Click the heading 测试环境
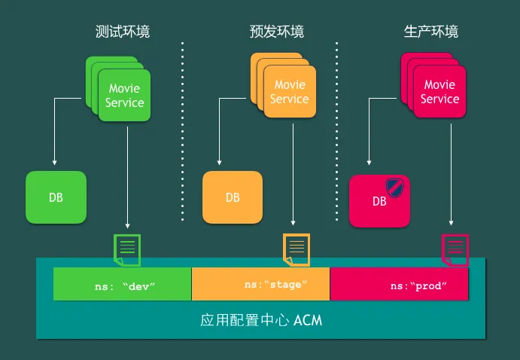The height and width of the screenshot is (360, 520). [x=123, y=32]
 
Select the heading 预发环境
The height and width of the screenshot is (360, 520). [x=277, y=32]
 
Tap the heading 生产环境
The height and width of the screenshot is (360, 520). [x=430, y=32]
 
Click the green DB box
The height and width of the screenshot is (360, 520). [x=56, y=197]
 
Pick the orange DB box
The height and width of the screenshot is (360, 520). [x=233, y=197]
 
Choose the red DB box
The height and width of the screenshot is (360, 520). [x=379, y=201]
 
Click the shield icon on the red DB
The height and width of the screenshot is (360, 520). [x=394, y=188]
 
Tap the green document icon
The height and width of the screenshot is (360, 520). [x=127, y=250]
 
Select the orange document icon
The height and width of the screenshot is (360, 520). [x=296, y=249]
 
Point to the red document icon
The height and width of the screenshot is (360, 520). [x=455, y=250]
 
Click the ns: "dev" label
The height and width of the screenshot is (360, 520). [x=125, y=286]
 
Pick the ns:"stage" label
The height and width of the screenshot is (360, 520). [x=275, y=285]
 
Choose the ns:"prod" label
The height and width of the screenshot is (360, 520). [x=418, y=285]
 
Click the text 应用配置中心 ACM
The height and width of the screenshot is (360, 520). [x=261, y=320]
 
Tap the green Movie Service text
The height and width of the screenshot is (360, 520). [x=124, y=95]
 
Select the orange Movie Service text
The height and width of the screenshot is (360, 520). [x=290, y=92]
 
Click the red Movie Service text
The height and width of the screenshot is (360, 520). [x=439, y=92]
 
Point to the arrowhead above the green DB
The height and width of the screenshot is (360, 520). [x=54, y=163]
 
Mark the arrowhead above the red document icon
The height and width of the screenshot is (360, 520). [x=451, y=223]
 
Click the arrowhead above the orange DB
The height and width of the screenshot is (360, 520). [x=219, y=163]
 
